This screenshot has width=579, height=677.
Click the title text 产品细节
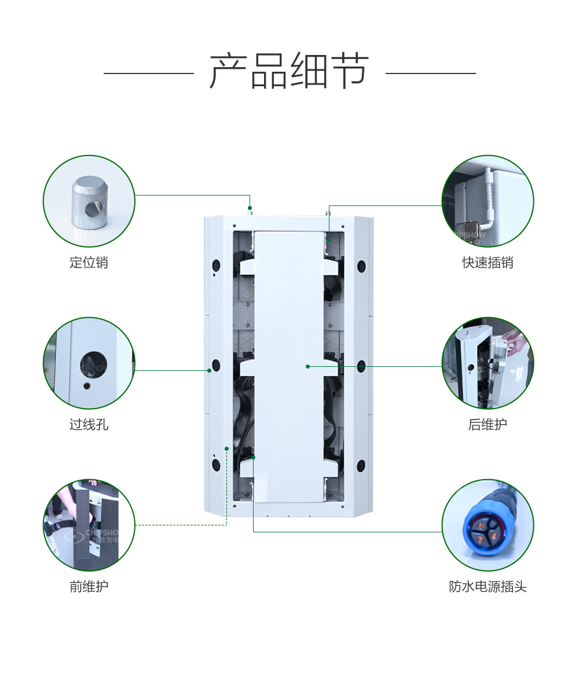pyautogui.click(x=289, y=71)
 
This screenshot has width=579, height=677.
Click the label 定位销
pyautogui.click(x=89, y=263)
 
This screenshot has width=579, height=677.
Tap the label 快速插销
pyautogui.click(x=488, y=263)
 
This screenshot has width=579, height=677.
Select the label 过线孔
pyautogui.click(x=89, y=425)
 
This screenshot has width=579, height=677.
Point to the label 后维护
pyautogui.click(x=488, y=425)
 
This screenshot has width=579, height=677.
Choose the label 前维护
pyautogui.click(x=89, y=587)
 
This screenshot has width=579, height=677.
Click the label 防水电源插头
pyautogui.click(x=488, y=587)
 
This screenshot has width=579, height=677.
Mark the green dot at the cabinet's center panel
pyautogui.click(x=308, y=366)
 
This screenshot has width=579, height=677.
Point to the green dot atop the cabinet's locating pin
pyautogui.click(x=250, y=208)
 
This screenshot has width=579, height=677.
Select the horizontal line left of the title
pyautogui.click(x=148, y=73)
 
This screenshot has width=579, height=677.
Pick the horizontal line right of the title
pyautogui.click(x=430, y=73)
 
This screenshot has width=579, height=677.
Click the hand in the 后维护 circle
pyautogui.click(x=513, y=344)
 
